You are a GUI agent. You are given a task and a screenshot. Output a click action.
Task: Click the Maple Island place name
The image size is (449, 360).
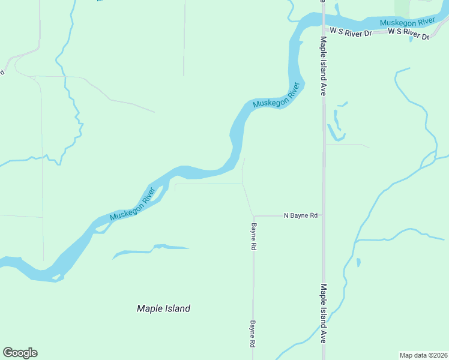coord(163,308)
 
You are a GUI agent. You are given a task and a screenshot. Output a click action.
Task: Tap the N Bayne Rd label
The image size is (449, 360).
coord(300,215)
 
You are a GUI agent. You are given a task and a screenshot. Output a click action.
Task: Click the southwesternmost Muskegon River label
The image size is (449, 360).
coord(132,203)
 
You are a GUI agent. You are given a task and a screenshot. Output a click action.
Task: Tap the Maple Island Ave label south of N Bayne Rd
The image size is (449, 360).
coord(323,313)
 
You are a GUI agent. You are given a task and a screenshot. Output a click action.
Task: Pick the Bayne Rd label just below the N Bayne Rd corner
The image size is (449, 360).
coord(254,237)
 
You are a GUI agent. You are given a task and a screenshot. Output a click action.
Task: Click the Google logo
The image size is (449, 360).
coord(20,352)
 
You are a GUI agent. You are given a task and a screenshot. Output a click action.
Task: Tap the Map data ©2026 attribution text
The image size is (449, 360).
coord(423,355)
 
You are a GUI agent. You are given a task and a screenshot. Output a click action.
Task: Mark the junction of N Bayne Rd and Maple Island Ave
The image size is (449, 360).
coord(324,215)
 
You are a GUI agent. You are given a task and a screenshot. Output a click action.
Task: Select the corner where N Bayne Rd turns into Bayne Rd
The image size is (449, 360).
coord(254,215)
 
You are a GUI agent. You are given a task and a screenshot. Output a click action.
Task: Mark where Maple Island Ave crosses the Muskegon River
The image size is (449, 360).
coord(323,19)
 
